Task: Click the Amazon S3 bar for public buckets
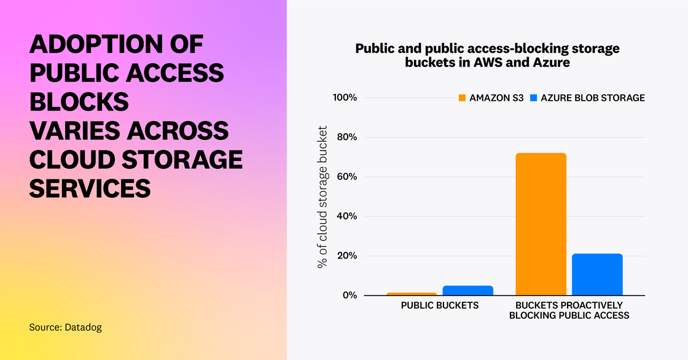(x=412, y=294)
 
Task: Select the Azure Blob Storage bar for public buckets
(x=467, y=290)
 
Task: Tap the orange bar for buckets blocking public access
(x=541, y=224)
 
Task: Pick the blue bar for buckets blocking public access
(x=597, y=274)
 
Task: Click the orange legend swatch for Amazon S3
(x=462, y=98)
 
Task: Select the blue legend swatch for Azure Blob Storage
(x=534, y=98)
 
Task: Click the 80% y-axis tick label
(x=345, y=138)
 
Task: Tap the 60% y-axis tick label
(x=345, y=177)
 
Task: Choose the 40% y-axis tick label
(x=345, y=216)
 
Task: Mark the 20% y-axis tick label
(x=345, y=256)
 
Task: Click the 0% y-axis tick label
(x=348, y=295)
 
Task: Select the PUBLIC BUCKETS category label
(x=440, y=305)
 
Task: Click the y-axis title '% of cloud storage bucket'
(x=322, y=197)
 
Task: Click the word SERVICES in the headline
(x=90, y=189)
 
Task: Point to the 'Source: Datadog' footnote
(x=65, y=327)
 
